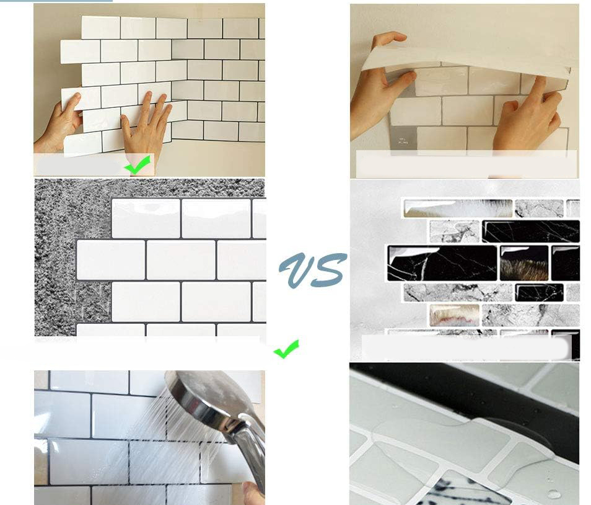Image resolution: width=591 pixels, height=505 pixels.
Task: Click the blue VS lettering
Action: click(312, 269)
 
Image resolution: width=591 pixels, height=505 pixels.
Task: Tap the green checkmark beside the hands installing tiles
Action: click(138, 165)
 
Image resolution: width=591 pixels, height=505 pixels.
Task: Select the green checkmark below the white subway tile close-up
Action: click(286, 349)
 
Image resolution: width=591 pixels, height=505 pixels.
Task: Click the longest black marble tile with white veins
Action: click(441, 263)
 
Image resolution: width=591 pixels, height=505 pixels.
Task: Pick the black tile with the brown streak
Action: click(524, 263)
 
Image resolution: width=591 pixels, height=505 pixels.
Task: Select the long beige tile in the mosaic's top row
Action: click(458, 208)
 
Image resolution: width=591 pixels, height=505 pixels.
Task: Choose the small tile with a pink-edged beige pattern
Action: click(454, 315)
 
